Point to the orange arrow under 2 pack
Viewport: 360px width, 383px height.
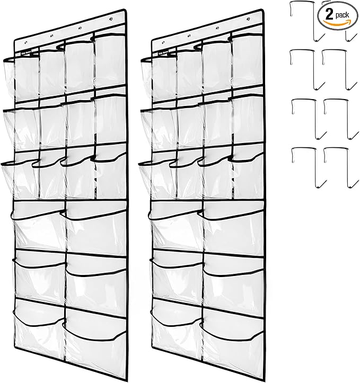click(x=337, y=24)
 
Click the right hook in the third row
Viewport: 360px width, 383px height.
click(x=337, y=117)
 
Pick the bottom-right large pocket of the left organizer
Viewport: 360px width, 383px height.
click(x=95, y=328)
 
